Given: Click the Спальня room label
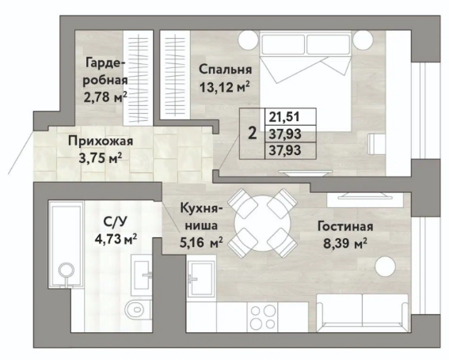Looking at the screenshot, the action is click(226, 70).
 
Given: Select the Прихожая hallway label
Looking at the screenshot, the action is click(101, 141).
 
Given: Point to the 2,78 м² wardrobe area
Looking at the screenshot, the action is click(105, 97).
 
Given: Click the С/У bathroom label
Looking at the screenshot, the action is click(115, 222).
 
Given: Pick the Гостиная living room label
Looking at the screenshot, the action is click(345, 226).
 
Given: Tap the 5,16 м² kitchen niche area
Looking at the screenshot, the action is click(201, 243).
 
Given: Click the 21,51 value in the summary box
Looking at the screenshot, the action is click(284, 117).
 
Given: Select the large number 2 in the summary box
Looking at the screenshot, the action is click(253, 134).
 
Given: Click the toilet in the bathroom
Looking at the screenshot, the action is click(137, 309).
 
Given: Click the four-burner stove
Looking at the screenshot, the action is click(263, 317).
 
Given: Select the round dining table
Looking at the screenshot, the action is click(262, 223).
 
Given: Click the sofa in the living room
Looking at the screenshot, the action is click(362, 313).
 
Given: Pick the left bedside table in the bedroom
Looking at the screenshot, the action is click(249, 40).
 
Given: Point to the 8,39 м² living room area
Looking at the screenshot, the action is click(345, 244).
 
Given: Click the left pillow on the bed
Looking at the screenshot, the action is click(283, 44).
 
